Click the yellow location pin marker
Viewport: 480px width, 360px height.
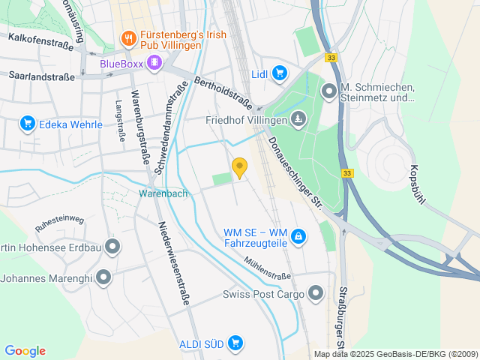pos(239,167)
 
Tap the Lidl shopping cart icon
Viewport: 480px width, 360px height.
pos(280,73)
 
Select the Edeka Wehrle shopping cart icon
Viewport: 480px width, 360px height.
pos(28,123)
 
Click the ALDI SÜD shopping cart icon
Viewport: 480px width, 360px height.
pos(235,343)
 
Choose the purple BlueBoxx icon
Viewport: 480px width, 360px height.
pos(154,62)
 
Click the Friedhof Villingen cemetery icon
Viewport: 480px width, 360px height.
pos(298,118)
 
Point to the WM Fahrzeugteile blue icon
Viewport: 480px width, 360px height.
pos(298,237)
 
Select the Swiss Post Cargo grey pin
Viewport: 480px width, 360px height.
pos(316,293)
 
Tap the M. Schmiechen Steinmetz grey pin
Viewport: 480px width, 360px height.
pos(328,91)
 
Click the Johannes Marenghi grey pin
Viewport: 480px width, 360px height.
pos(103,278)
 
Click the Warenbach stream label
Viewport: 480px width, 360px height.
pos(163,193)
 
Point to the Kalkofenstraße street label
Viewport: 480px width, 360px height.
pos(40,40)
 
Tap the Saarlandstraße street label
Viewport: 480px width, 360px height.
pos(42,76)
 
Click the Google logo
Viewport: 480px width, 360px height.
pos(25,351)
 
